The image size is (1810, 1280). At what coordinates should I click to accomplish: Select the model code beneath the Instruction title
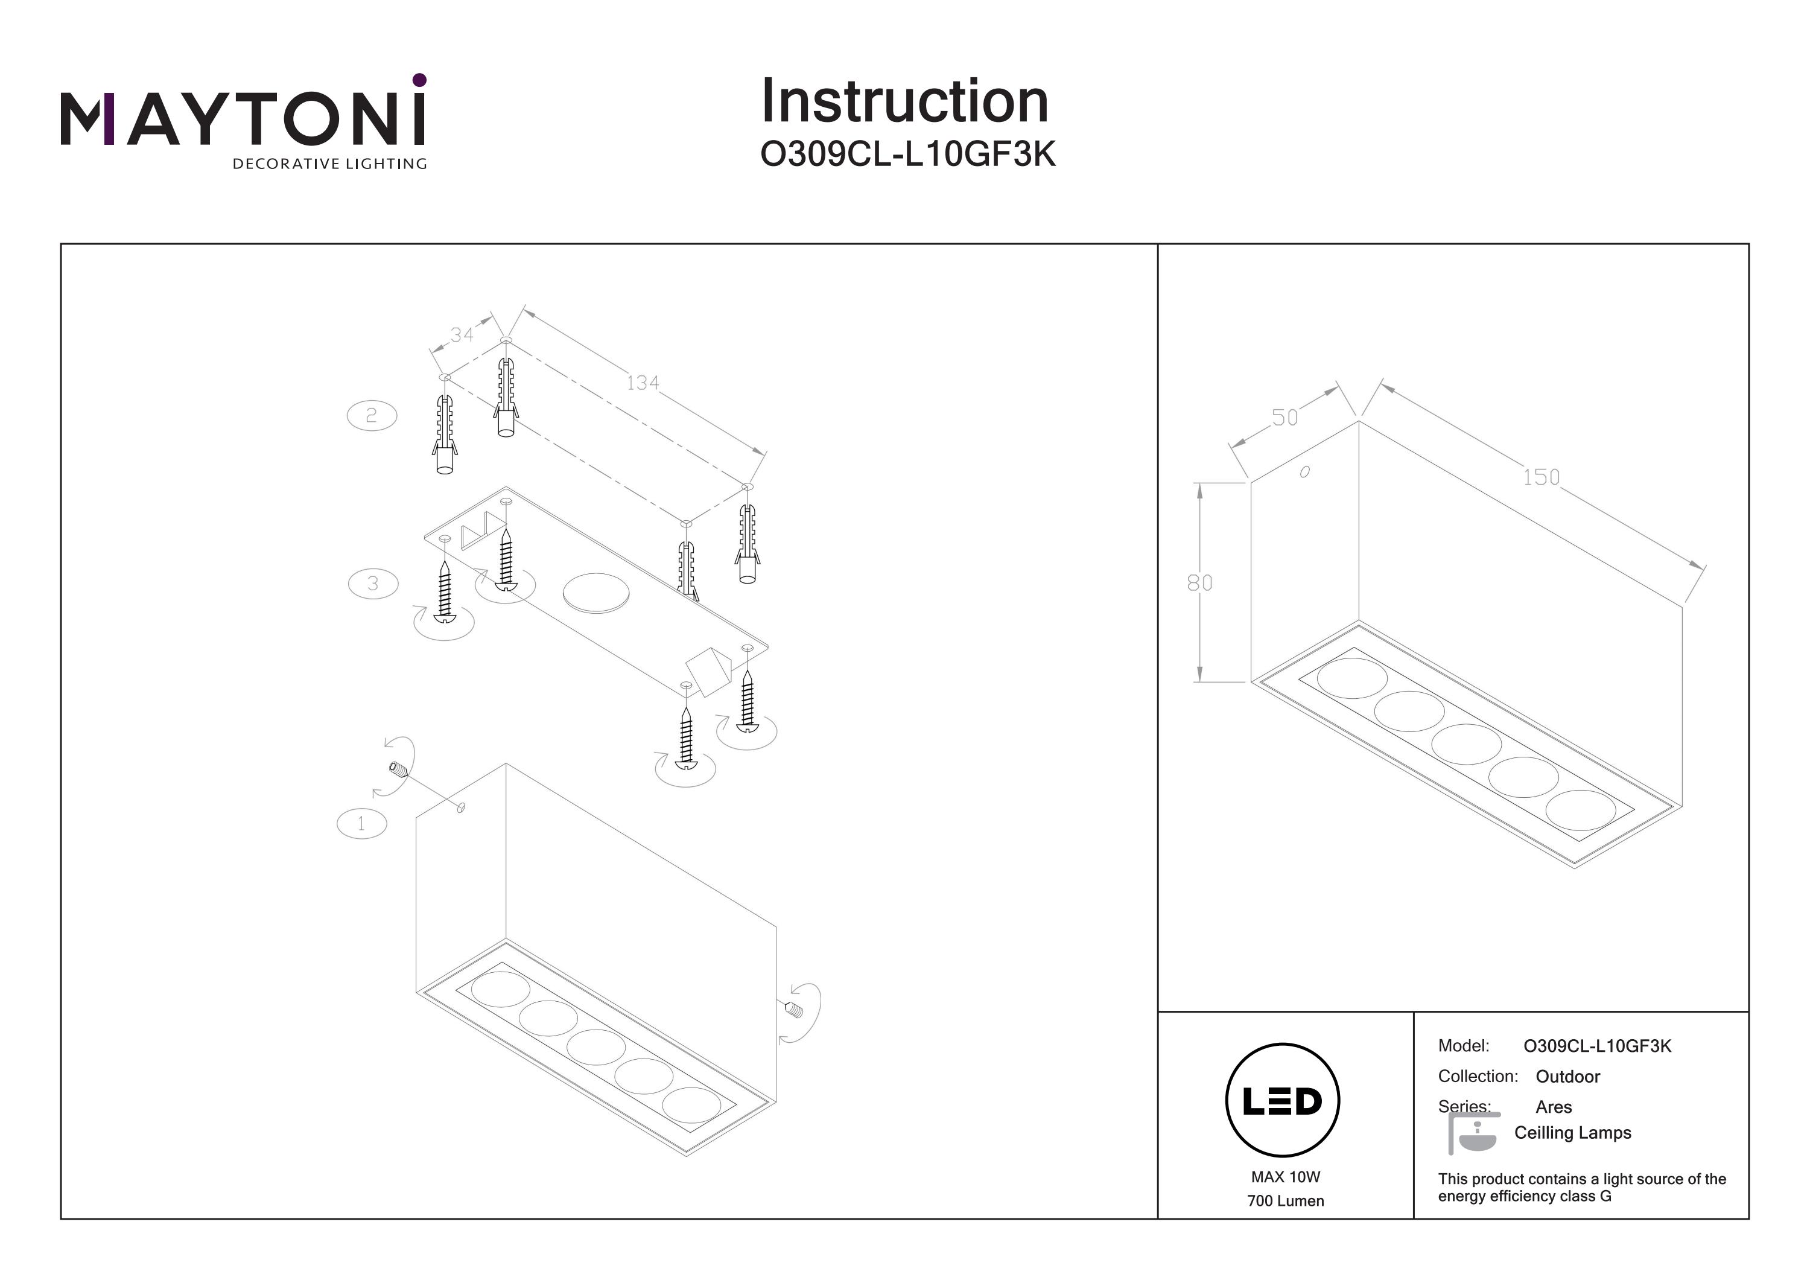point(907,155)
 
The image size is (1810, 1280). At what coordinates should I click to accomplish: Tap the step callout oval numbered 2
point(371,416)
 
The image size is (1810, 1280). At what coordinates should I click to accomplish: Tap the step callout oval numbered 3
point(373,584)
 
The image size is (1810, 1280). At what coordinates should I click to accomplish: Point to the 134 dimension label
point(643,383)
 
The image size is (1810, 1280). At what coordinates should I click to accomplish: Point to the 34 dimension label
point(462,335)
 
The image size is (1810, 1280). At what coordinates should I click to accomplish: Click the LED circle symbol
point(1283,1101)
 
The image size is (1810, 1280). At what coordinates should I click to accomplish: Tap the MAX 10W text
point(1285,1177)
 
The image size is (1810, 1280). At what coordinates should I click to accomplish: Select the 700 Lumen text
point(1285,1201)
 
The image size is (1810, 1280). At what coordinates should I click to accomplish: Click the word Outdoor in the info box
point(1567,1077)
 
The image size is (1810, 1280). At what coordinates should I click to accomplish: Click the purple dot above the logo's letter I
point(419,80)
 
